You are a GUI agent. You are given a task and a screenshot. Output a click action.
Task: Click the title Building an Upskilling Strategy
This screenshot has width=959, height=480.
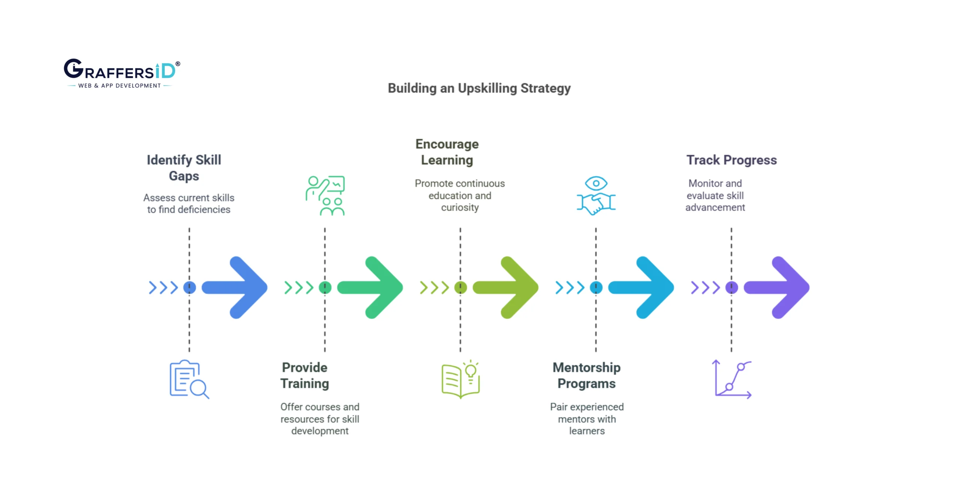coord(479,88)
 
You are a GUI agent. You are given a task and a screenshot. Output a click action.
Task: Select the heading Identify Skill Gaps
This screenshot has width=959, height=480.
coord(184,168)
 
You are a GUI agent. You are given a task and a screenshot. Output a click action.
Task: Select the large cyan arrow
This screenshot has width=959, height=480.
coord(643,288)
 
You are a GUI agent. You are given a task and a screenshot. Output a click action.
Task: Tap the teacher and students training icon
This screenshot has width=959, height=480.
coord(325,195)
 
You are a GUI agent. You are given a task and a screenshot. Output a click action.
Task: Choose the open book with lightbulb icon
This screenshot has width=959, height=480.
coord(460,379)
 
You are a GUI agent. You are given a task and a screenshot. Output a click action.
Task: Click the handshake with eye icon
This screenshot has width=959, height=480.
coord(596,195)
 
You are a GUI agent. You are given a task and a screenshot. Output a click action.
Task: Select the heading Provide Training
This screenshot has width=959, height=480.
coord(305,375)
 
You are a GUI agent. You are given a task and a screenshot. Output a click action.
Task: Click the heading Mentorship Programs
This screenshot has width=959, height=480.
coord(586,375)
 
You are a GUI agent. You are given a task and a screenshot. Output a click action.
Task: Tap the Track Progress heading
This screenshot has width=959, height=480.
coord(731,160)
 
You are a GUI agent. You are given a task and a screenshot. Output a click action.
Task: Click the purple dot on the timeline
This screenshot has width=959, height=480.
coord(731,288)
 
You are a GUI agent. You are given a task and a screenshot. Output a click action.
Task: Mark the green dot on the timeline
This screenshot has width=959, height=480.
coord(325,288)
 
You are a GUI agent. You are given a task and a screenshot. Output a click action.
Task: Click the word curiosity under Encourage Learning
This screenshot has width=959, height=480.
coord(460,207)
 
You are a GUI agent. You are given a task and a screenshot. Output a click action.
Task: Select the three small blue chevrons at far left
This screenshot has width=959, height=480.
coord(163,288)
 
